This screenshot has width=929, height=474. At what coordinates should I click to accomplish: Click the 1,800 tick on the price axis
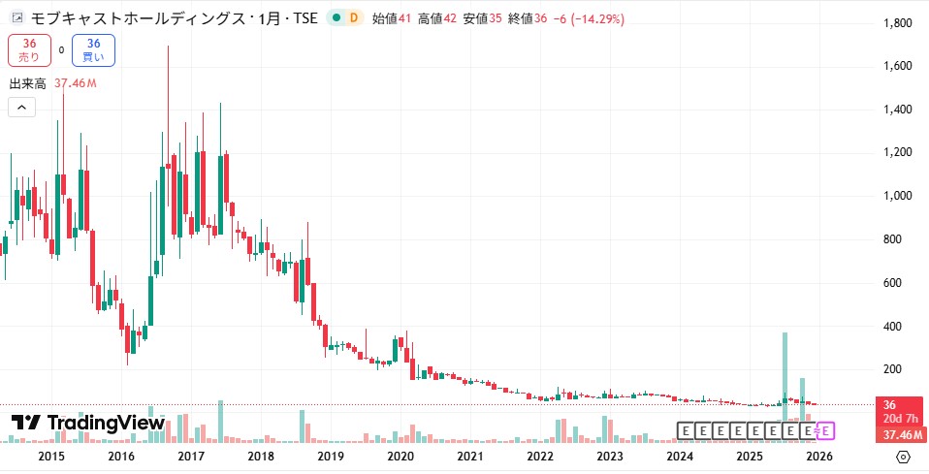895,22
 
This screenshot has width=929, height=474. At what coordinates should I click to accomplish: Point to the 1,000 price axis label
895,196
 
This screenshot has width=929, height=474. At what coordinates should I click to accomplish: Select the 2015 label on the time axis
51,457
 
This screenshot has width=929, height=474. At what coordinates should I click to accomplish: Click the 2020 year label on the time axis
400,457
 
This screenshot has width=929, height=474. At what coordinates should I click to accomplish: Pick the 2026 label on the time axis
819,457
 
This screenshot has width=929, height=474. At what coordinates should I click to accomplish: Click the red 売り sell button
29,50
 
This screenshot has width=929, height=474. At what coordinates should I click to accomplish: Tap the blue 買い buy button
93,50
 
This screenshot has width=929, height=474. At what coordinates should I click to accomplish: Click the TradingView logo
87,423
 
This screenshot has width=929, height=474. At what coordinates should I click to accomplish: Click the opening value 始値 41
392,18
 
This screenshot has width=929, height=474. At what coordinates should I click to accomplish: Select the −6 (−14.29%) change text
589,18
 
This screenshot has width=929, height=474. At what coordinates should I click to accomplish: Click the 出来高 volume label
28,83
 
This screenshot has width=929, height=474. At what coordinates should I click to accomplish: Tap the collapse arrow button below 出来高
21,108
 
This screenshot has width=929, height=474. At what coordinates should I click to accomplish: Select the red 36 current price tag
899,404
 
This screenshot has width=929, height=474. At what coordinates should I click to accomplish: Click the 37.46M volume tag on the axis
899,434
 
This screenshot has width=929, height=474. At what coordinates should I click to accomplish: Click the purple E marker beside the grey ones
827,429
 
